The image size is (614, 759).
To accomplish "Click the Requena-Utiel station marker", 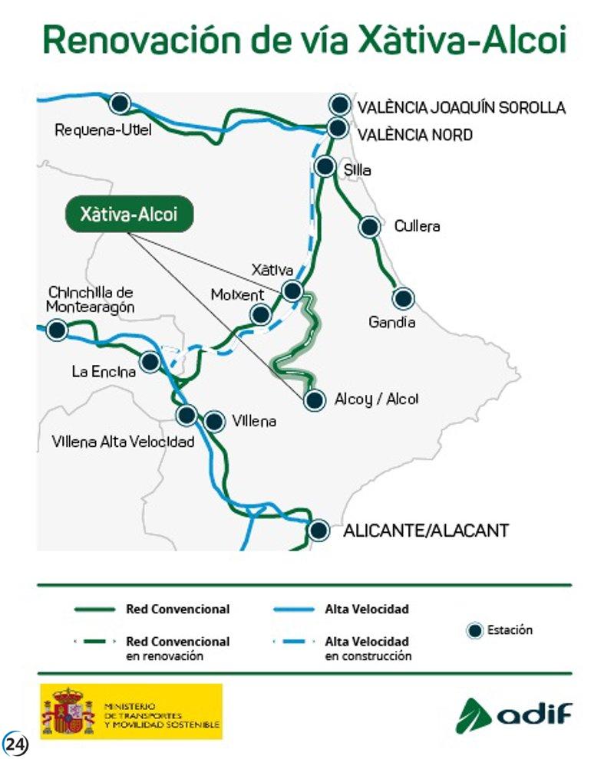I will point(119,103).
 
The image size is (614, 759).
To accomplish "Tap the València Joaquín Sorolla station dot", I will point(338,105).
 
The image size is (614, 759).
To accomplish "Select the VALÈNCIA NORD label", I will point(414,135).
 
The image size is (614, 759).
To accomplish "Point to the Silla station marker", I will point(325,166).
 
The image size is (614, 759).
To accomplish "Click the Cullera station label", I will point(417,226).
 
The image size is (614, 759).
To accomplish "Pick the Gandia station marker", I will point(403,298).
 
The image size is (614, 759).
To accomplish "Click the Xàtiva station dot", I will point(292,290).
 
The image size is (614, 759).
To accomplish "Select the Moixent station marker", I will point(261,314).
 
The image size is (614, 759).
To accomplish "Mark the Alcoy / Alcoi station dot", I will point(313,399).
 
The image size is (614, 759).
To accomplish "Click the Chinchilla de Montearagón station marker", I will point(56,330).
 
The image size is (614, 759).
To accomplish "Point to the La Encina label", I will point(104,372).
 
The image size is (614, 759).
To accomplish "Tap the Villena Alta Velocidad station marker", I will point(186,415).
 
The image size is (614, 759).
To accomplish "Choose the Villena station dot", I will point(215,421).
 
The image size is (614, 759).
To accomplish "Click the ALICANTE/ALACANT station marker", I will point(319,530).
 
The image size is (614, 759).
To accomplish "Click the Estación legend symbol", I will point(474,631).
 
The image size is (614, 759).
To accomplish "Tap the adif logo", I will point(514,715).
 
